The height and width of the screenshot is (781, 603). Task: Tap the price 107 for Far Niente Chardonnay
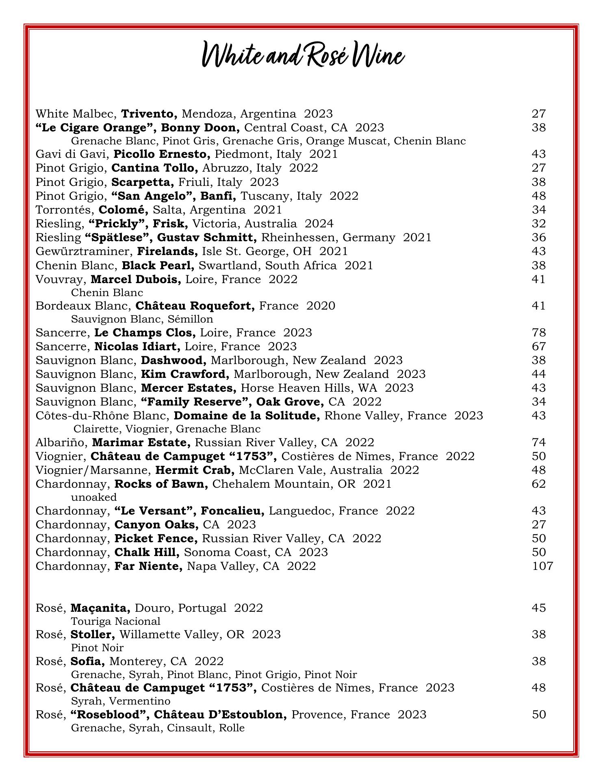tap(542, 566)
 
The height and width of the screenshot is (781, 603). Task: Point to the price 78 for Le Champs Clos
tap(539, 333)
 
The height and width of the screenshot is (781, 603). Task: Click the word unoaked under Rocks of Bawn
tap(93, 497)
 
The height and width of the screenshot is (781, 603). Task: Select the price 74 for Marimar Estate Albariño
tap(539, 442)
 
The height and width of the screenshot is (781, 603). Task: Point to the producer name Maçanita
tap(100, 608)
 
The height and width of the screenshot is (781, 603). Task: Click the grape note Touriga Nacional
tap(115, 621)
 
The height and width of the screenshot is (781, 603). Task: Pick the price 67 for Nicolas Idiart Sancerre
tap(539, 347)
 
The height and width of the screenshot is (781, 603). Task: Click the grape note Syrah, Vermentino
tap(120, 701)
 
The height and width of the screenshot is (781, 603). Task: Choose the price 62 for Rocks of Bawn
tap(539, 484)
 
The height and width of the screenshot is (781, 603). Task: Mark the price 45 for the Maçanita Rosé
tap(539, 608)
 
